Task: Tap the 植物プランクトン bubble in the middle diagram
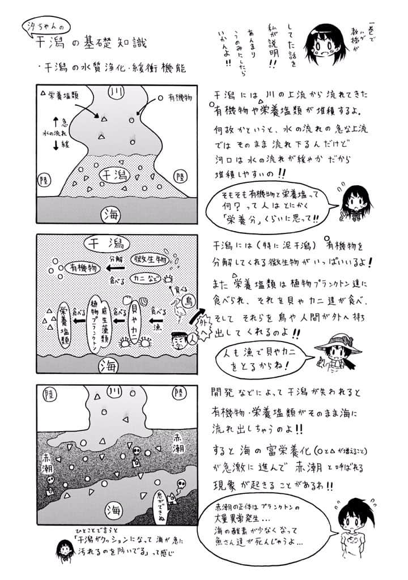coord(95,320)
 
